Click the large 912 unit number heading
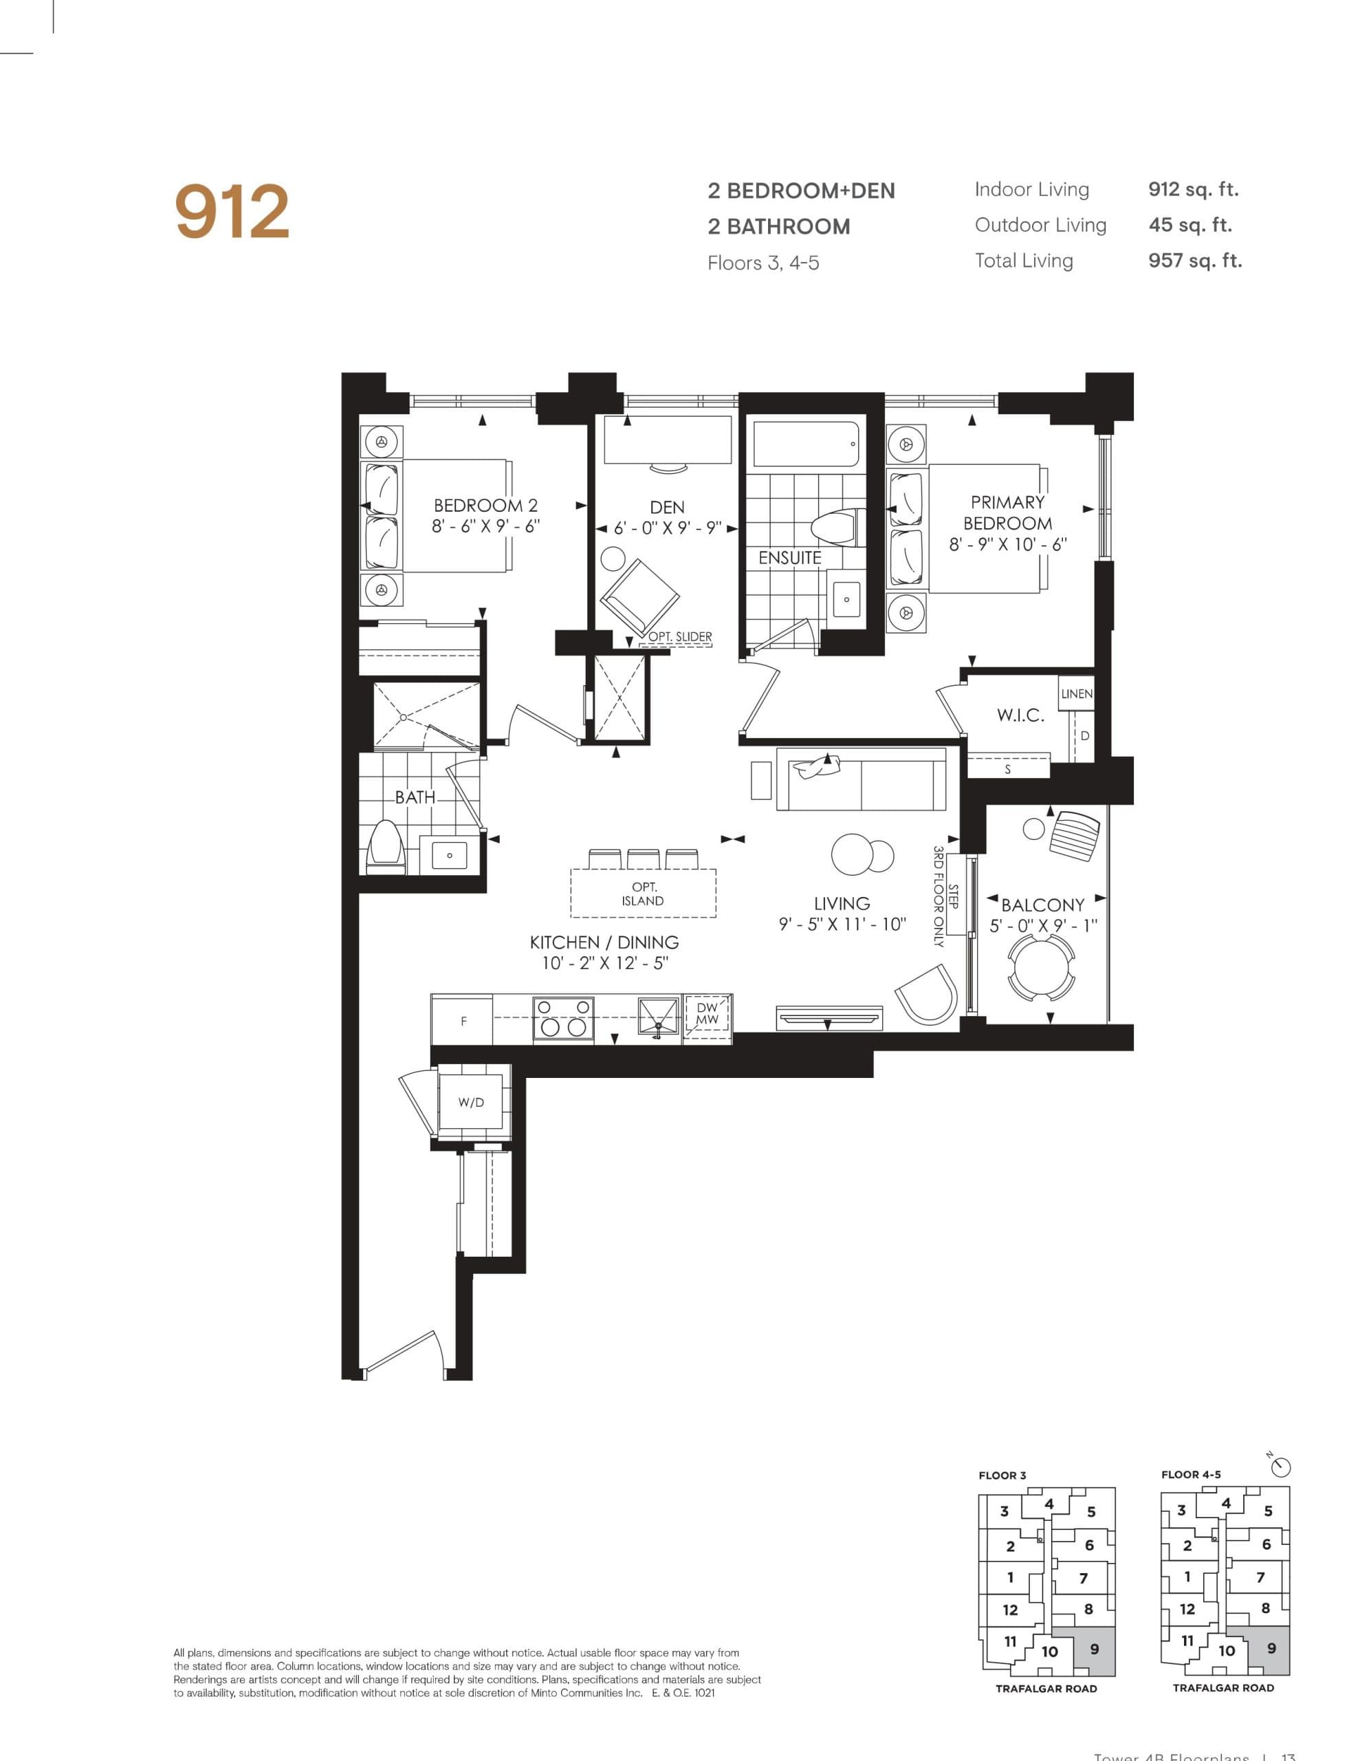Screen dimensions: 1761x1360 pos(232,211)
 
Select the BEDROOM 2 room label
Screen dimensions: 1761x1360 pos(485,506)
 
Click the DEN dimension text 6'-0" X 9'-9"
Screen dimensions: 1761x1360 pos(667,529)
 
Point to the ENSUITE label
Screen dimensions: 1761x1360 pos(789,558)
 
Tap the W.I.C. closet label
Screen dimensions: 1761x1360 pos(1020,715)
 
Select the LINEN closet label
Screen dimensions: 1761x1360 pos(1076,693)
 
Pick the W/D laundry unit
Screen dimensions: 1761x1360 pos(472,1101)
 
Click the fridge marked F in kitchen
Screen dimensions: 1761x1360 pos(463,1021)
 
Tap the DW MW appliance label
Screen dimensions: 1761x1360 pos(707,1013)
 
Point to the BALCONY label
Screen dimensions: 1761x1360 pos(1042,905)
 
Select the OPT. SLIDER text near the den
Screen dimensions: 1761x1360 pos(679,637)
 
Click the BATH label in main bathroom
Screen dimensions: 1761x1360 pos(415,797)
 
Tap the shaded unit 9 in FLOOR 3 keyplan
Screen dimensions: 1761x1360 pos(1094,1649)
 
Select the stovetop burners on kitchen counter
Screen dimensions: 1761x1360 pos(562,1018)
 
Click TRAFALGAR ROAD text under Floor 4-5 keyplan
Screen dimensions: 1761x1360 pos(1223,1687)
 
